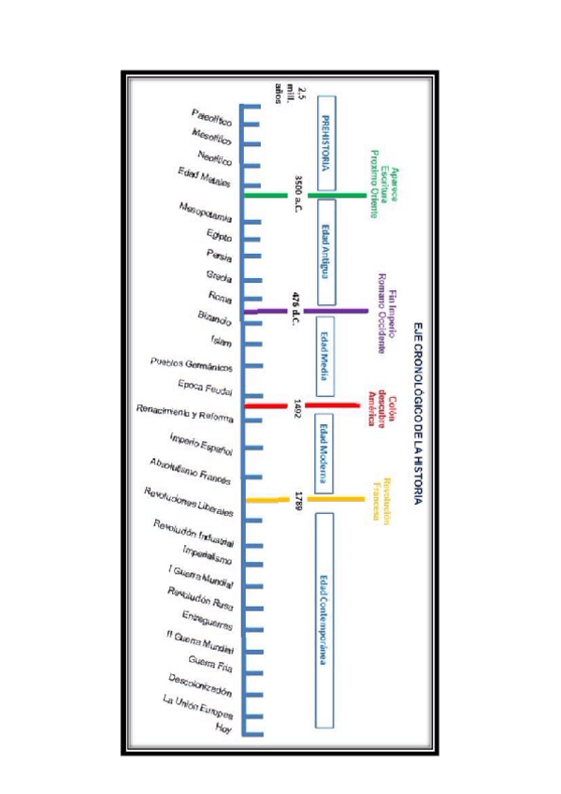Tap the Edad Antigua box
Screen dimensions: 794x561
pyautogui.click(x=326, y=252)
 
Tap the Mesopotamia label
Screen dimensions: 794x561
pyautogui.click(x=205, y=211)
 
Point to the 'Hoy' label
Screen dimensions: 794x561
pyautogui.click(x=223, y=728)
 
